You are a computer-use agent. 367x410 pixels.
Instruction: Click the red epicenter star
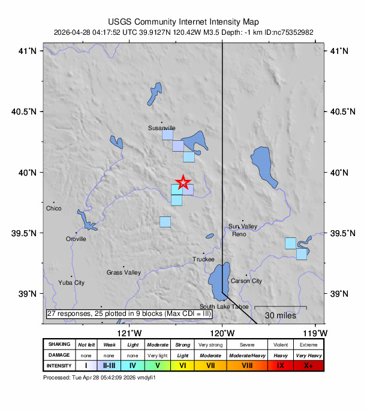tap(183, 182)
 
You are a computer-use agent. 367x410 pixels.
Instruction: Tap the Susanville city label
tap(162, 128)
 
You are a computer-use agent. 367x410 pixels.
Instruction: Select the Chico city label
tap(54, 209)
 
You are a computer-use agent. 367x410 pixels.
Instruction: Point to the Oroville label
tap(76, 239)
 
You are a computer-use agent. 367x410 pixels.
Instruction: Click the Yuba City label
tap(71, 282)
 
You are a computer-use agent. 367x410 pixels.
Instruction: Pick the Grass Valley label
tap(124, 273)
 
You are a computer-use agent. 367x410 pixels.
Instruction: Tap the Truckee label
tap(203, 260)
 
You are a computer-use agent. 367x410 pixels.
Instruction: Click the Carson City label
tap(246, 281)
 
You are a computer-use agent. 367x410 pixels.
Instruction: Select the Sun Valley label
tap(242, 227)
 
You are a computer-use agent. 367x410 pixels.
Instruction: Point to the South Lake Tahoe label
tap(224, 307)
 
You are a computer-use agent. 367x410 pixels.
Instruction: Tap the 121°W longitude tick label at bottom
tap(130, 333)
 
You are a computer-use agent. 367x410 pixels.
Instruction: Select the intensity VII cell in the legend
tap(211, 365)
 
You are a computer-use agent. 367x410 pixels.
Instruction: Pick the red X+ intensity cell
tap(308, 365)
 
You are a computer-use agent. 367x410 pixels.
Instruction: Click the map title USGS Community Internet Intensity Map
tap(183, 21)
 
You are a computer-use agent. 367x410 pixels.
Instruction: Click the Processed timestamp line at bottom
tap(100, 378)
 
